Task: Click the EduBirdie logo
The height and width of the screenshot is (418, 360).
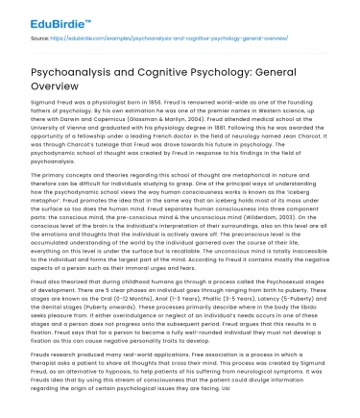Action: (x=37, y=16)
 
